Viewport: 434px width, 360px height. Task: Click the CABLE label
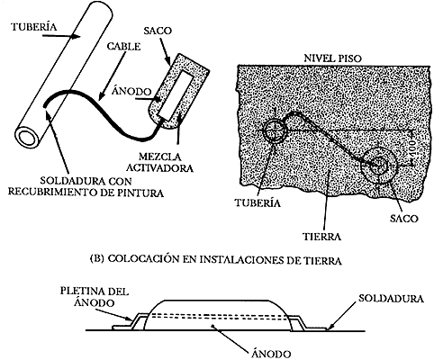[x=124, y=47]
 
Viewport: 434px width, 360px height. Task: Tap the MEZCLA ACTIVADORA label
[x=159, y=162]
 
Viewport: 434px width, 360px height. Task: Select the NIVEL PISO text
[x=333, y=58]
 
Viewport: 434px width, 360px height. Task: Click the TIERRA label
[x=321, y=237]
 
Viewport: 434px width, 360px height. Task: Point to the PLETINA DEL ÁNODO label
[x=95, y=297]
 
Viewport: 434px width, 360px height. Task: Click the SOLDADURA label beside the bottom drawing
[x=391, y=299]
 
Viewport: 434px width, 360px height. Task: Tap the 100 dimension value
[x=414, y=148]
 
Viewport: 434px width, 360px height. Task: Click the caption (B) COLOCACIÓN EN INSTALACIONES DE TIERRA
[x=216, y=259]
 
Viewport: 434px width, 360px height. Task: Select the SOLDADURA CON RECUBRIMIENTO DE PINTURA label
[x=86, y=186]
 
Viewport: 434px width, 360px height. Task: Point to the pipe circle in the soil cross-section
[x=276, y=131]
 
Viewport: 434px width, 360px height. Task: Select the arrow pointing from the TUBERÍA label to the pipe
[x=61, y=36]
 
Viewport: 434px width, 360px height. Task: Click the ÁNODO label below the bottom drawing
[x=271, y=354]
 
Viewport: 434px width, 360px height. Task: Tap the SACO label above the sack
[x=158, y=31]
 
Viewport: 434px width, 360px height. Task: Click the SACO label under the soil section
[x=403, y=218]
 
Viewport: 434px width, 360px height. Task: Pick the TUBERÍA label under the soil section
[x=258, y=202]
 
